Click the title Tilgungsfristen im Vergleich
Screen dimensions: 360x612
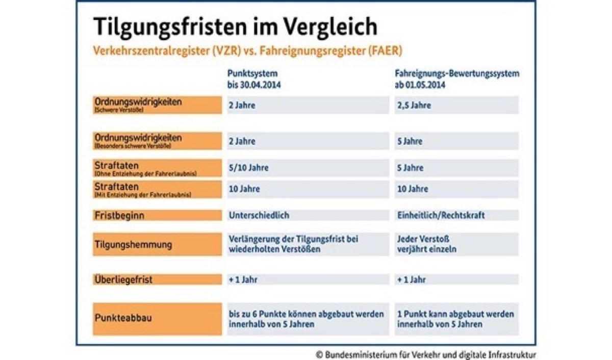point(235,27)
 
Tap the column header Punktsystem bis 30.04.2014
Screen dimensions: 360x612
point(254,79)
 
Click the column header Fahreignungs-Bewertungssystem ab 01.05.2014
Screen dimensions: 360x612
point(457,79)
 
